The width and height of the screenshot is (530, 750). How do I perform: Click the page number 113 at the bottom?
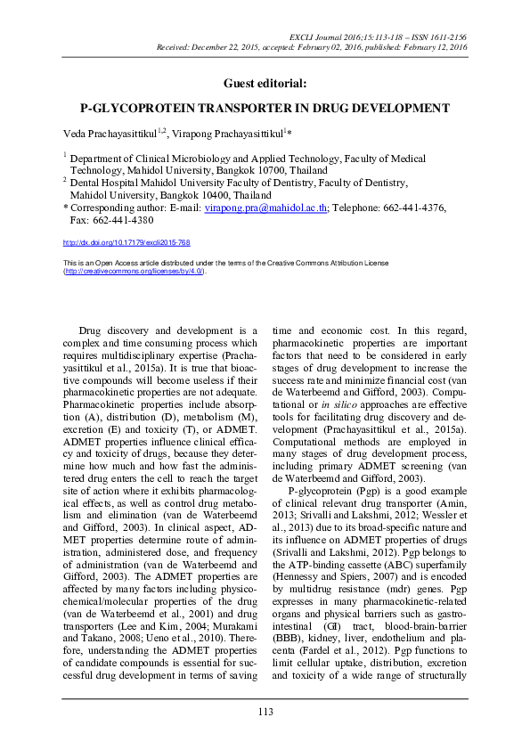tap(265, 711)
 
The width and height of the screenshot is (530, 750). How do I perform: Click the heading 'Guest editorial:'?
tap(265, 83)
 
